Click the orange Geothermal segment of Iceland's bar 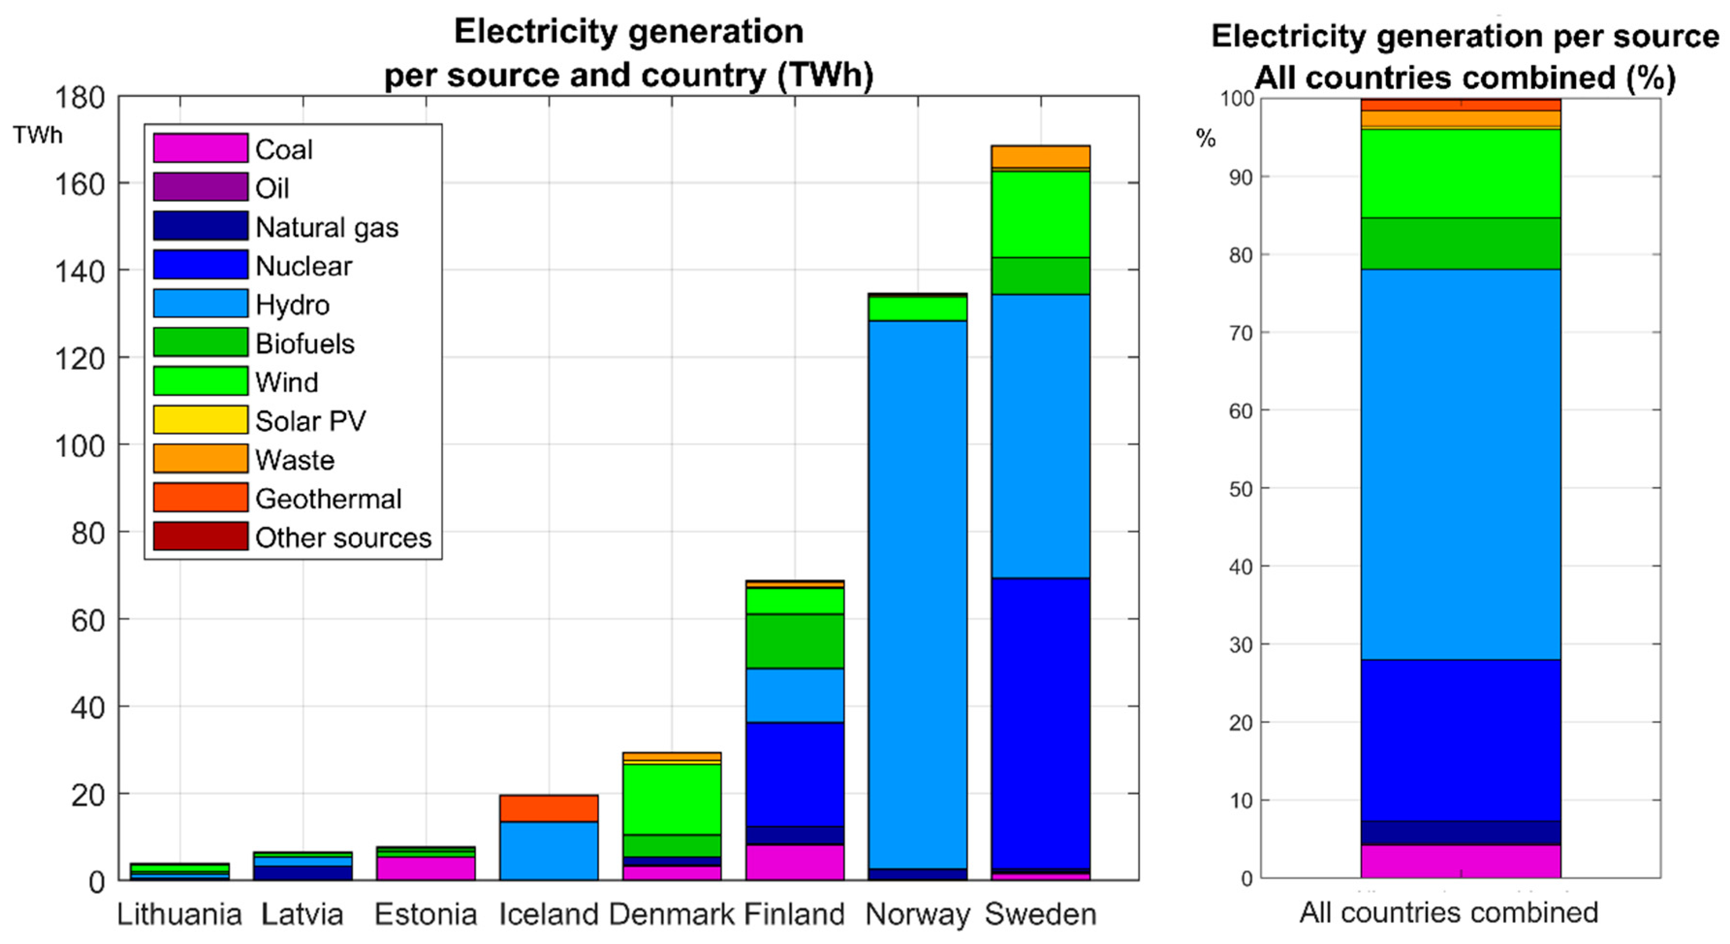pos(549,808)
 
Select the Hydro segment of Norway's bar pos(918,591)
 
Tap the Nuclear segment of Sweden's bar pos(1040,722)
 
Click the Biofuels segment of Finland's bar pos(795,641)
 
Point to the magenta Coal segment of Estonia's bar pos(425,867)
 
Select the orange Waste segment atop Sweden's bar pos(1040,156)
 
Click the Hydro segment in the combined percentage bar pos(1460,464)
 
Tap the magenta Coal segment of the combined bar pos(1460,861)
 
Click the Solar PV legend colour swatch pos(200,420)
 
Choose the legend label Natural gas pos(327,227)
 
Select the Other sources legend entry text pos(343,537)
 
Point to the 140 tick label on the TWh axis pos(79,271)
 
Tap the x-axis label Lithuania pos(179,914)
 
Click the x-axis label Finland pos(795,914)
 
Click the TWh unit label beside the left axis pos(38,135)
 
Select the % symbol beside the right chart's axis pos(1205,139)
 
